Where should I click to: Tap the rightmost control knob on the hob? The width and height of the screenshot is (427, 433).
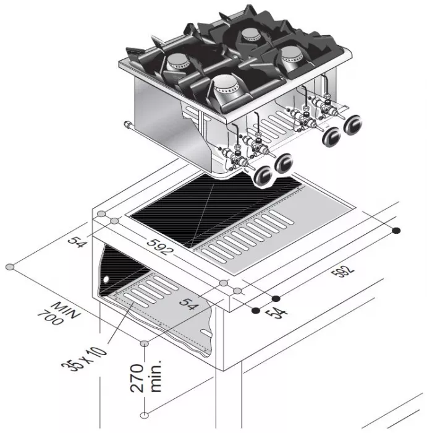click(x=355, y=124)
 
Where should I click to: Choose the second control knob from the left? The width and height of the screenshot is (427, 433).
click(x=285, y=164)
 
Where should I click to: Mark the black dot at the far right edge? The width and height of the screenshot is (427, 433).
click(x=396, y=231)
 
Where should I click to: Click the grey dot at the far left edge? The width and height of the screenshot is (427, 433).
click(x=9, y=267)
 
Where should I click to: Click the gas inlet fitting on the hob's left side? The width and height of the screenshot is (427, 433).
click(x=127, y=126)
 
